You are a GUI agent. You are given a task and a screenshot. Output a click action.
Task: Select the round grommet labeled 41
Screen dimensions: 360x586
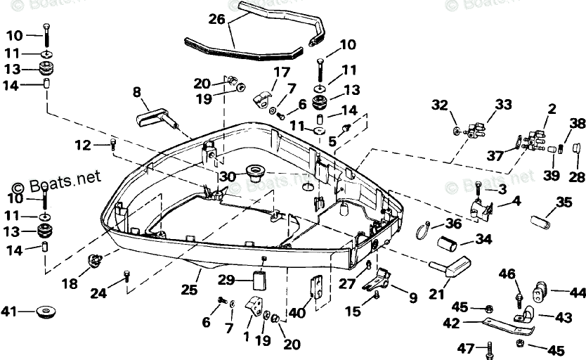[45, 311]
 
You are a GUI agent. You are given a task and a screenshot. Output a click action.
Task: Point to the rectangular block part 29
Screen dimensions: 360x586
[261, 281]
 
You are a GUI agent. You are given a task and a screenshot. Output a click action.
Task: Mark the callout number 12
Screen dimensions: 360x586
[83, 145]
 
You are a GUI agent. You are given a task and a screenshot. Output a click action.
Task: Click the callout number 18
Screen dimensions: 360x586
[70, 283]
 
